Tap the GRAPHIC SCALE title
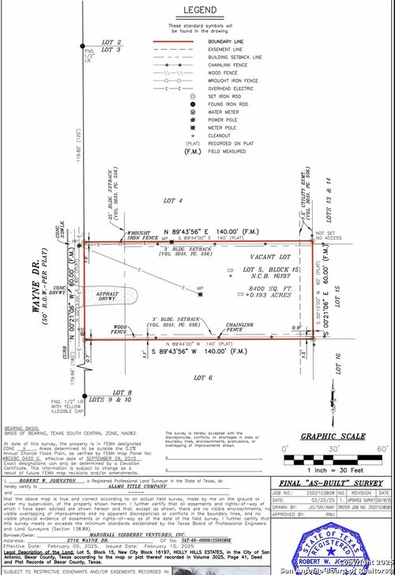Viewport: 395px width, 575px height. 333,436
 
